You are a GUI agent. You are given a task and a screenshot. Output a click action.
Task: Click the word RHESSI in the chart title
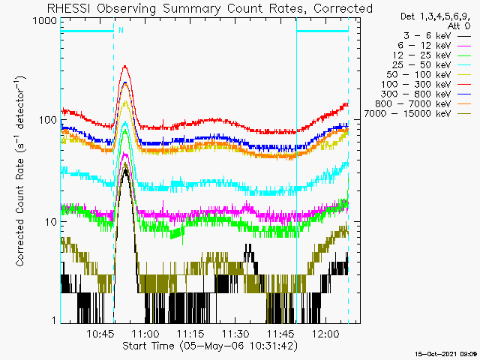(x=69, y=8)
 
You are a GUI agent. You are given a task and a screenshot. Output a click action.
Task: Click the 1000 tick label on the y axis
(x=45, y=20)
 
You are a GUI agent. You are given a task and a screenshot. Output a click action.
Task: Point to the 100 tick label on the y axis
(x=48, y=120)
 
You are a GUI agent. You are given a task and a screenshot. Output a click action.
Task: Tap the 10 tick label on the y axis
(x=51, y=222)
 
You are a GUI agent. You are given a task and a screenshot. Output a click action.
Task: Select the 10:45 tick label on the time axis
(x=100, y=333)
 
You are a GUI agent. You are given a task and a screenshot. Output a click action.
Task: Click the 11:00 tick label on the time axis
(x=145, y=333)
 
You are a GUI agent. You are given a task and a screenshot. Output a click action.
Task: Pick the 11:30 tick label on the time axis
(x=235, y=333)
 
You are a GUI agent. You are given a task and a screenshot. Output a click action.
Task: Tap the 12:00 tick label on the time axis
(x=325, y=333)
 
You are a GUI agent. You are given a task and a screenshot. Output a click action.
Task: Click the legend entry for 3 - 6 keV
(x=437, y=36)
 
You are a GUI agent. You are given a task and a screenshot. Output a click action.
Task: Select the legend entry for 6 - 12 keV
(x=434, y=46)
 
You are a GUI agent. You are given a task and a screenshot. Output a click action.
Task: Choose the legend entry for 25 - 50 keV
(x=432, y=65)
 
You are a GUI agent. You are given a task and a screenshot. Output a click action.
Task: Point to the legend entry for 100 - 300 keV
(x=426, y=85)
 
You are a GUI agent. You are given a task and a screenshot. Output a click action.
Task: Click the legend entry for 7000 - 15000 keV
(x=418, y=113)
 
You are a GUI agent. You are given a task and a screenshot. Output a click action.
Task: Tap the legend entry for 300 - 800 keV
(x=426, y=94)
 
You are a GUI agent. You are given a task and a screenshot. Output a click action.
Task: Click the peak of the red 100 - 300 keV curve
(x=125, y=66)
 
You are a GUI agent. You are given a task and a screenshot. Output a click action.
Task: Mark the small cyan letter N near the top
(x=121, y=30)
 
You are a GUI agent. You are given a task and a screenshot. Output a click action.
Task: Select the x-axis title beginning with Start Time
(x=210, y=346)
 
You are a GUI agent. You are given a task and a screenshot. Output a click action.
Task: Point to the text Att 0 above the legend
(x=458, y=26)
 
